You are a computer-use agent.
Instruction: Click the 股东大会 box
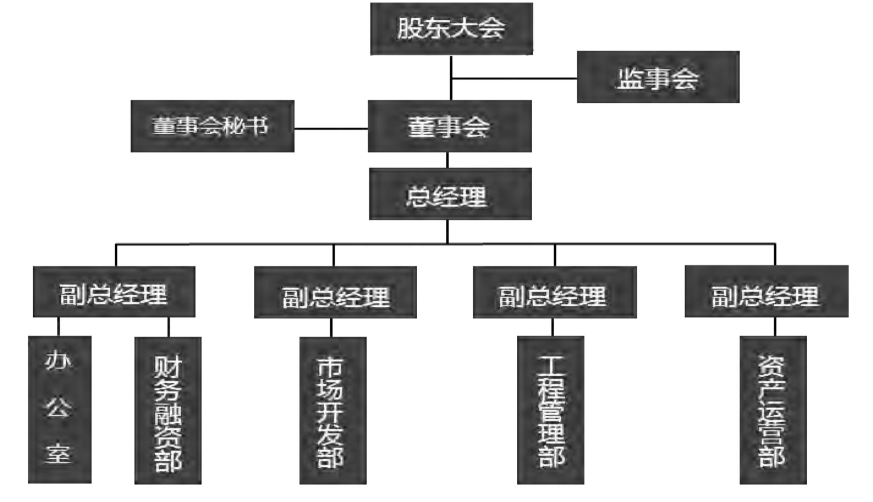(451, 29)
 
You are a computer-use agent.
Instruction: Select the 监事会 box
(658, 77)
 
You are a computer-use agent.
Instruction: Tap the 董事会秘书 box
(212, 126)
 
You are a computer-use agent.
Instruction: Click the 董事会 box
(449, 126)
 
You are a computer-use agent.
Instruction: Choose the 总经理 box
(450, 194)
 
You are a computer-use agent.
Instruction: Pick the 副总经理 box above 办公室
(114, 292)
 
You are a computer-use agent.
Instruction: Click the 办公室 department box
(60, 410)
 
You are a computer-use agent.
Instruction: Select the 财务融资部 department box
(168, 411)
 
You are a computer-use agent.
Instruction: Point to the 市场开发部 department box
(332, 411)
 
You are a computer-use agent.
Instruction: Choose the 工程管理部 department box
(551, 411)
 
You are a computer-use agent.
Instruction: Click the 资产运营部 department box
(773, 411)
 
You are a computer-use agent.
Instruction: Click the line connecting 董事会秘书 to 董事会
(331, 128)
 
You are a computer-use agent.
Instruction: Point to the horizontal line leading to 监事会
(514, 78)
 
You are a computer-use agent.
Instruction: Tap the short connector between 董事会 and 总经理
(447, 160)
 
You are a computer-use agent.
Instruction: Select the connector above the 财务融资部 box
(168, 327)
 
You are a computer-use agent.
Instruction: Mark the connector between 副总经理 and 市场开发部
(331, 327)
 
